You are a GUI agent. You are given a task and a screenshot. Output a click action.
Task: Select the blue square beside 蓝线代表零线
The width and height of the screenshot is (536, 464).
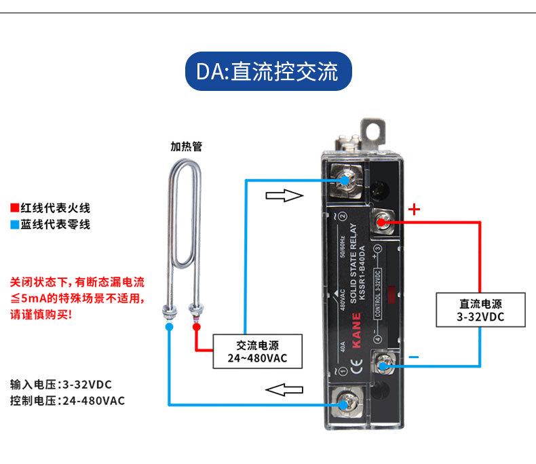[x=14, y=225]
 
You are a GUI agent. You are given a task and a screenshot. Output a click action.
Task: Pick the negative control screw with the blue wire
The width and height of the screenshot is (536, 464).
[x=383, y=366]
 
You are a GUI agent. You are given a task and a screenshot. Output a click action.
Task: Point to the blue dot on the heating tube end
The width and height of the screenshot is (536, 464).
[x=168, y=326]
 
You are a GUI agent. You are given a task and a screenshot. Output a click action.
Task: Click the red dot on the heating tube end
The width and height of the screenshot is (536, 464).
[x=197, y=327]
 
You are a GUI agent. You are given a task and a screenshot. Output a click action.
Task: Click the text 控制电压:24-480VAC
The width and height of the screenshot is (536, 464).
[x=68, y=400]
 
